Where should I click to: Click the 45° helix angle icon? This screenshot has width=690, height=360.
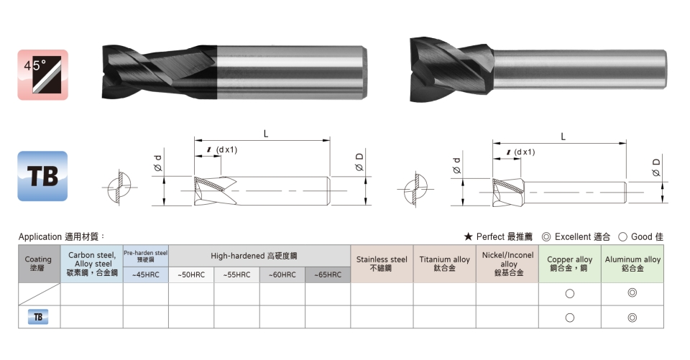[x=42, y=75]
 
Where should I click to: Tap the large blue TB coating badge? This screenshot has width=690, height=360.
[x=42, y=176]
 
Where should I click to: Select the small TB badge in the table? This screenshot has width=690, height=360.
[x=38, y=317]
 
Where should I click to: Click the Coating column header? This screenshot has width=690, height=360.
[x=39, y=264]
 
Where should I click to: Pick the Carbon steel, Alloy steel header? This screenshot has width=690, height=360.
[x=92, y=264]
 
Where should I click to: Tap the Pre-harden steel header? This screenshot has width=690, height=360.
[x=146, y=256]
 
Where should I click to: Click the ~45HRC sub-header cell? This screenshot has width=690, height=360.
[x=146, y=274]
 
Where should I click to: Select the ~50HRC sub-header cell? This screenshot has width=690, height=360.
[x=191, y=274]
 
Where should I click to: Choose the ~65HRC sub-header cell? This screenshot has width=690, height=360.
[x=328, y=274]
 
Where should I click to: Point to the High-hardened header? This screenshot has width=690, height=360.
[x=259, y=256]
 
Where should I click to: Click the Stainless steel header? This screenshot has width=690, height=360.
[x=382, y=264]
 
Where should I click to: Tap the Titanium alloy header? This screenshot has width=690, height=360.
[x=444, y=264]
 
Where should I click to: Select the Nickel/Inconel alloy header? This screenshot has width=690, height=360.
[x=507, y=264]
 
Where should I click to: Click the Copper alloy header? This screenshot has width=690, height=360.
[x=570, y=264]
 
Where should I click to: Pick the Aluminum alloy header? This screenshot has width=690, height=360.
[x=632, y=264]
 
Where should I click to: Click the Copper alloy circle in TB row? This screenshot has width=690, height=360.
[x=570, y=318]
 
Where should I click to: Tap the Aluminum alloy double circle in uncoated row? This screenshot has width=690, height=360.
[x=632, y=292]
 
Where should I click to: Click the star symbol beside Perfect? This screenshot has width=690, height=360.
[x=468, y=237]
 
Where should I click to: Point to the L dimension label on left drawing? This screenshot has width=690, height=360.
[x=266, y=134]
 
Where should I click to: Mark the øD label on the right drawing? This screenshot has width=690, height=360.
[x=656, y=167]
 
